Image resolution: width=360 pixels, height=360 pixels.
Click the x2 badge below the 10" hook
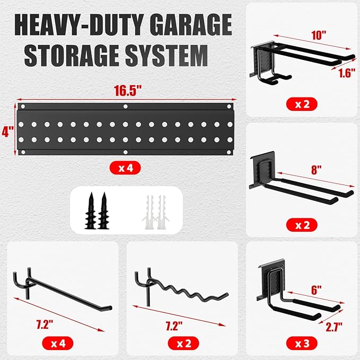coord(301,103)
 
